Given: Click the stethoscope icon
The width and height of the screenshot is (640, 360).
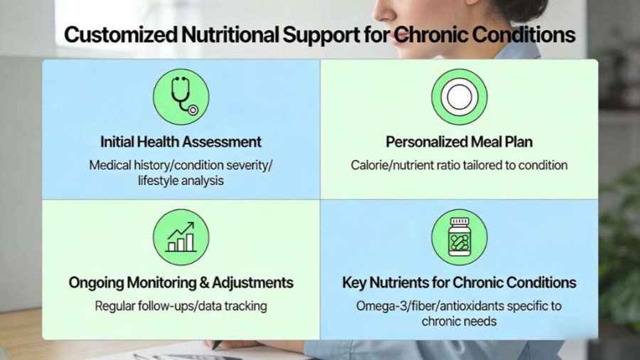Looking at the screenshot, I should click(x=181, y=97).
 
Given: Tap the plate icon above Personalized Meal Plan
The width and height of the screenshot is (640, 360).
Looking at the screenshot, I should click(x=459, y=97).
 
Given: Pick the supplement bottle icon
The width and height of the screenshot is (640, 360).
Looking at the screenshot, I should click(x=459, y=237).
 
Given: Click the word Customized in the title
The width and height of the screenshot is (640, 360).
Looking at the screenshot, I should click(x=119, y=35).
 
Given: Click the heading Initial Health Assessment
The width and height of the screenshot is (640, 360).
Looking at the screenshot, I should click(x=181, y=142).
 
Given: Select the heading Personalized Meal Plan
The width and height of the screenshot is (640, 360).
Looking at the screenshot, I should click(x=459, y=142).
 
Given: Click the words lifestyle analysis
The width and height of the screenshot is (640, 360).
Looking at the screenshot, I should click(x=181, y=181).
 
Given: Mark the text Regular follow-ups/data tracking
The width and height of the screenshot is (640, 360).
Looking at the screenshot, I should click(x=181, y=306).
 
